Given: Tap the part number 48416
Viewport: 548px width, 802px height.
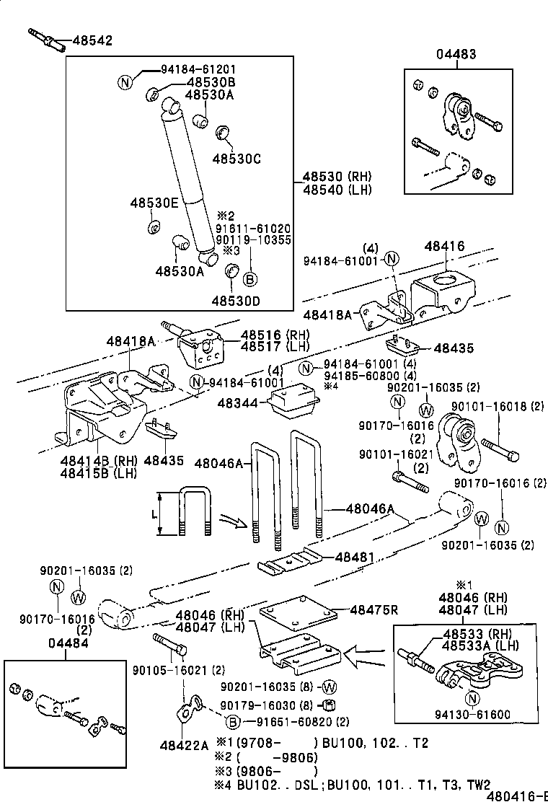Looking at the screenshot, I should (443, 247).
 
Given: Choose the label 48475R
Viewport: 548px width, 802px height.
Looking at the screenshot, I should (374, 609).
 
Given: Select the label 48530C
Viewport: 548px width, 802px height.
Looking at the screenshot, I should (236, 158).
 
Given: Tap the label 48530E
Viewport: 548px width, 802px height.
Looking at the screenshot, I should (154, 203).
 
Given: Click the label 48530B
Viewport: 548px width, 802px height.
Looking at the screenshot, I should (210, 82).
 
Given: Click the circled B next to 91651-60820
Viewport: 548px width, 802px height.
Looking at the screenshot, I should (232, 721).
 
